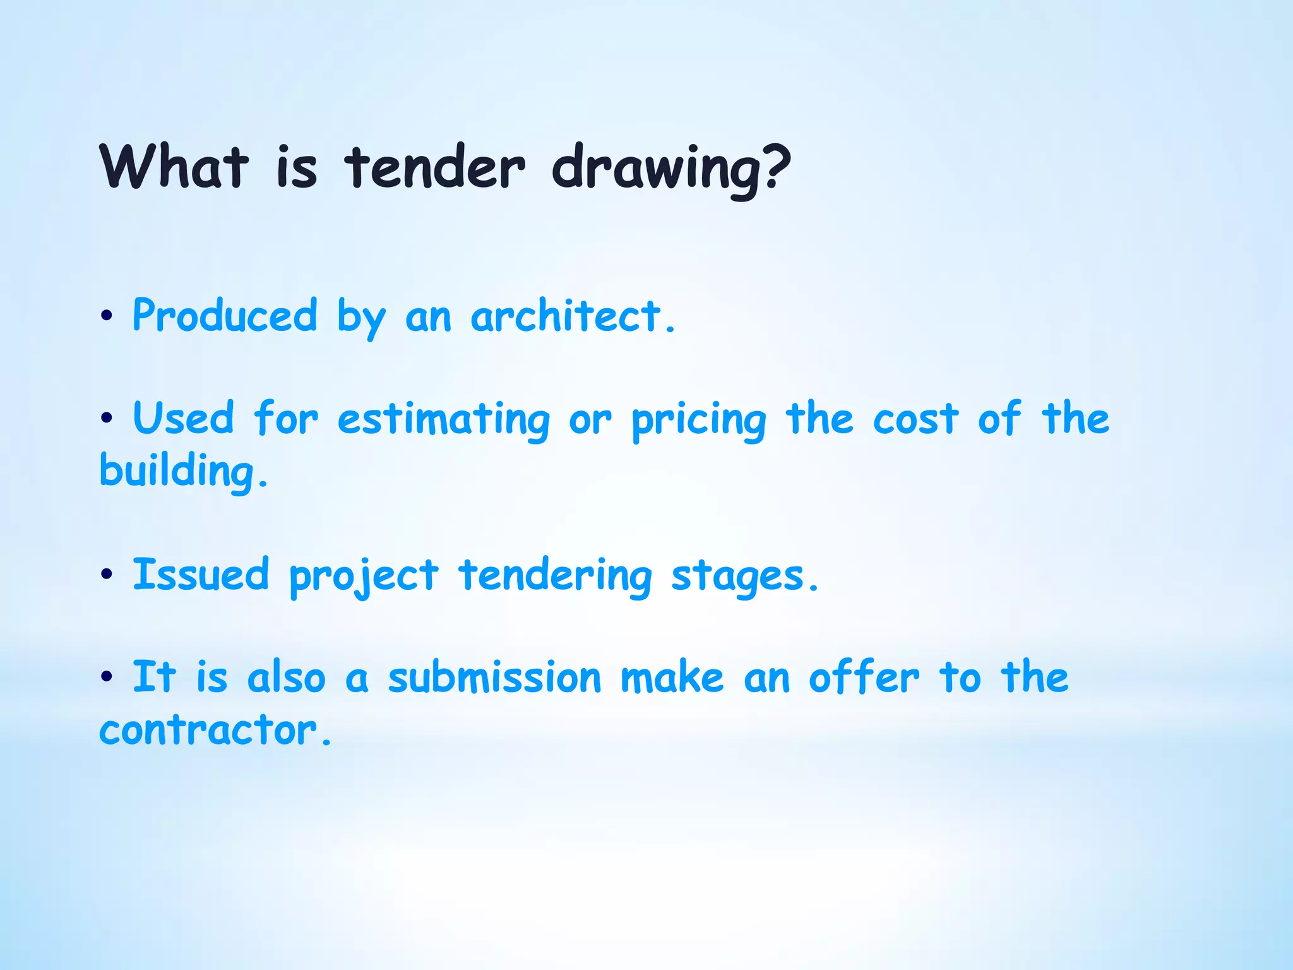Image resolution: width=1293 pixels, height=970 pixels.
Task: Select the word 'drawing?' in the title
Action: click(671, 169)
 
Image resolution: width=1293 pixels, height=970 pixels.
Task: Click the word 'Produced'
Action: click(225, 316)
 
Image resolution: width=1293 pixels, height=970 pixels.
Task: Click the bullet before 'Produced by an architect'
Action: click(107, 315)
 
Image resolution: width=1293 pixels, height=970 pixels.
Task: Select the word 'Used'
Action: click(183, 418)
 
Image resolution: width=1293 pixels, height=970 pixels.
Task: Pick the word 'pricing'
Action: click(699, 421)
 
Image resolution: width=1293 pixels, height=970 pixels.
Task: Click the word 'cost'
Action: click(915, 419)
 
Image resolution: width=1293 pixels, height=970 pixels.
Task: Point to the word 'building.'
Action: click(184, 472)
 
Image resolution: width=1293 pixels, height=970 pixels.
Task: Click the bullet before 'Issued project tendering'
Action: click(107, 574)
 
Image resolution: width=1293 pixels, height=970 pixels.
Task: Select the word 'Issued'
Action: click(201, 575)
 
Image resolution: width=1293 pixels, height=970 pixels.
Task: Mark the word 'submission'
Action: click(494, 678)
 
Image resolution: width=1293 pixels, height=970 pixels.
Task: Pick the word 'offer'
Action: click(864, 677)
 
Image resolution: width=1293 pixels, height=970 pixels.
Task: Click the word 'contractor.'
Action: click(215, 731)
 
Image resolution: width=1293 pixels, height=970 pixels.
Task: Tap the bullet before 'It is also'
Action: click(107, 677)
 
